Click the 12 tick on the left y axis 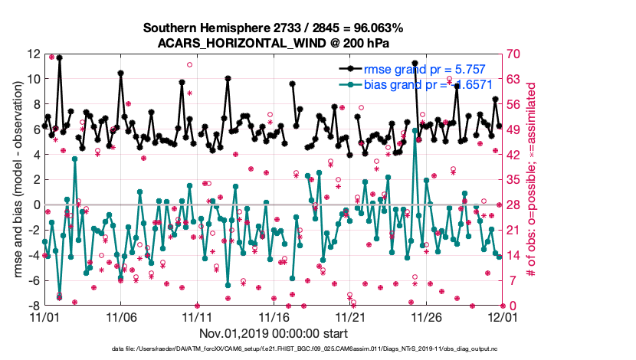click(x=33, y=54)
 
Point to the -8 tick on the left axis click(x=34, y=306)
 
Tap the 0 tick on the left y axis click(x=37, y=205)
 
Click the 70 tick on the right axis click(x=513, y=54)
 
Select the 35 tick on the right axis click(x=513, y=180)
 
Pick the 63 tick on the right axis click(x=513, y=80)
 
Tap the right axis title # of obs click(x=529, y=180)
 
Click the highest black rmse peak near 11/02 click(x=59, y=57)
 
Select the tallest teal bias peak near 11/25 click(x=415, y=129)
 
